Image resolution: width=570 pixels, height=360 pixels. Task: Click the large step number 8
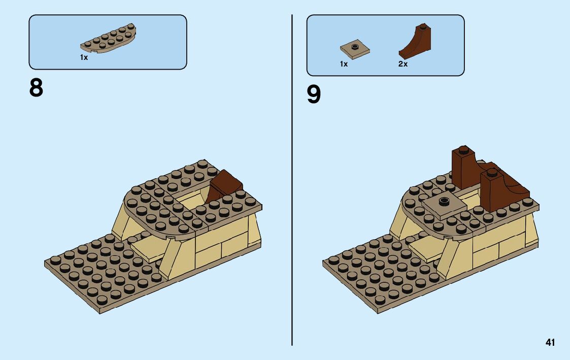click(x=37, y=88)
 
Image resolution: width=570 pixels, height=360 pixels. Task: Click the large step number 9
click(x=314, y=94)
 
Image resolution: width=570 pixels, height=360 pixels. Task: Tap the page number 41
click(x=550, y=342)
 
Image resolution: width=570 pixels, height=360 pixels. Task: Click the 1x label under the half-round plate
click(x=84, y=58)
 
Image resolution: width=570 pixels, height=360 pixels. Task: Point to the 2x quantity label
click(x=403, y=64)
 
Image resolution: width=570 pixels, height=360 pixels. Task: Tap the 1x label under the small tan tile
click(x=344, y=64)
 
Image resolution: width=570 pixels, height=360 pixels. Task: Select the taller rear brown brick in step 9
click(x=463, y=171)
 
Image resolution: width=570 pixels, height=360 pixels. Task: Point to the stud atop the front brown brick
click(x=491, y=173)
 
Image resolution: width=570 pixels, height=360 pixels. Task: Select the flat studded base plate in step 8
click(x=96, y=274)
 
